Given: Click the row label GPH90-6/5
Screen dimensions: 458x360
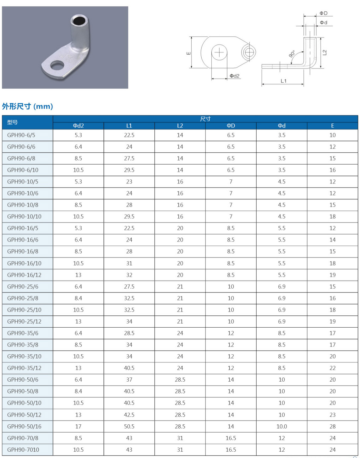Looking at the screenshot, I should pyautogui.click(x=21, y=135).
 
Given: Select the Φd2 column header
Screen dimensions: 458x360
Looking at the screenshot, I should pyautogui.click(x=78, y=126).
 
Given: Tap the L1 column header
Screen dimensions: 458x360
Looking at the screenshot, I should pyautogui.click(x=129, y=126).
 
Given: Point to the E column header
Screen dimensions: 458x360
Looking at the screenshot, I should pyautogui.click(x=332, y=126).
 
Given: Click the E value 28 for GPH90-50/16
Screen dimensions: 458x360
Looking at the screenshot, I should pyautogui.click(x=332, y=426).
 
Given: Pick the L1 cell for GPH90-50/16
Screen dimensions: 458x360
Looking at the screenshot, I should pyautogui.click(x=129, y=426).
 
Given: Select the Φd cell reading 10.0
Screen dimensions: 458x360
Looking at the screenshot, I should pyautogui.click(x=281, y=426).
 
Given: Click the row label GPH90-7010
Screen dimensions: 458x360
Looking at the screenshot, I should pyautogui.click(x=23, y=450).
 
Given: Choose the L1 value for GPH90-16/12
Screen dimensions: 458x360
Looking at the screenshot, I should pyautogui.click(x=129, y=275).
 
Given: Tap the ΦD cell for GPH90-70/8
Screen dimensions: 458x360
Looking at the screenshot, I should pyautogui.click(x=231, y=438).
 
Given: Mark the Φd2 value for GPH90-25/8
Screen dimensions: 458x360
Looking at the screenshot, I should pyautogui.click(x=78, y=298).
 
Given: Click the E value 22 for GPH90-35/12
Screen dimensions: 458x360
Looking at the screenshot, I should pyautogui.click(x=332, y=368).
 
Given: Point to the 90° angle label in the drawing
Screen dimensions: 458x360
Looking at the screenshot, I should pyautogui.click(x=292, y=54).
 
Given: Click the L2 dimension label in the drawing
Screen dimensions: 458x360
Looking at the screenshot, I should pyautogui.click(x=325, y=52).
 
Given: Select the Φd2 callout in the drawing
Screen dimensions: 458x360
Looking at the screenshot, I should pyautogui.click(x=234, y=76).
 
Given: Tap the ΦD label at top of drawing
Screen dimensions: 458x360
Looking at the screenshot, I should pyautogui.click(x=324, y=13).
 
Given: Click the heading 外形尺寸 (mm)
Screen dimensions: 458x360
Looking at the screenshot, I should pyautogui.click(x=28, y=106).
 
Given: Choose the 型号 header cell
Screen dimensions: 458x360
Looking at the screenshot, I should pyautogui.click(x=13, y=122).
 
